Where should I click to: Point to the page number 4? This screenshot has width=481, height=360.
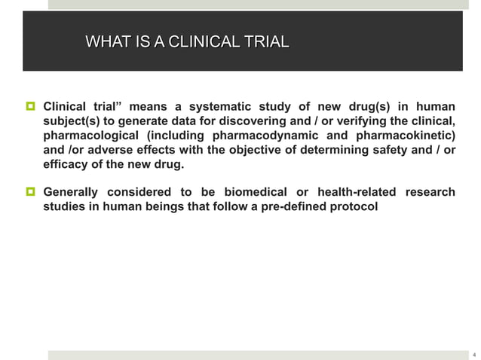click(473, 353)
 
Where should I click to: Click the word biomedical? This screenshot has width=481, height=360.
click(259, 192)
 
